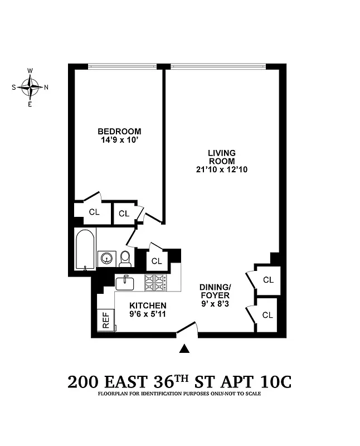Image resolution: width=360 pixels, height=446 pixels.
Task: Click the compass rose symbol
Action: pos(30,87)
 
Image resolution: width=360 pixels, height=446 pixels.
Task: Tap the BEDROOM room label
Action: pos(119,132)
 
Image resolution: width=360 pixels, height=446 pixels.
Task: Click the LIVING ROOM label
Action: pos(222,157)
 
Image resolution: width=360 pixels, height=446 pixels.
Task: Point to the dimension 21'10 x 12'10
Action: pos(222,169)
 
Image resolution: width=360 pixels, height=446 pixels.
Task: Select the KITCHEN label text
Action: pos(148,306)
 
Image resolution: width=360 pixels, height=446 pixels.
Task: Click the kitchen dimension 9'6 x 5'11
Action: pos(148,314)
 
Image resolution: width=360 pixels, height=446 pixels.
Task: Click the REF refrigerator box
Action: pos(105,321)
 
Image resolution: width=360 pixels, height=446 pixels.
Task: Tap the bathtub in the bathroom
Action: pos(85,249)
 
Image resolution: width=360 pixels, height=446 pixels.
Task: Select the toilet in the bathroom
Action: pos(125,258)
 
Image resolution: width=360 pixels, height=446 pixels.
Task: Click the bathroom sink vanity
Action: pos(106,259)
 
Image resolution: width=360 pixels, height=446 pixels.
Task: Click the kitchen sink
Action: pos(125,282)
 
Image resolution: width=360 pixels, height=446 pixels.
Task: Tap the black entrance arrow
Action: pos(186,349)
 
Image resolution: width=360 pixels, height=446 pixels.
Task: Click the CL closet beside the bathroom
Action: pos(157,261)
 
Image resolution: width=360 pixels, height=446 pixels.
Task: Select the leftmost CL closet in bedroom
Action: pos(94,212)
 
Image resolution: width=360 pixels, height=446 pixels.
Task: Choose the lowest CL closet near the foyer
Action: pos(267,315)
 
